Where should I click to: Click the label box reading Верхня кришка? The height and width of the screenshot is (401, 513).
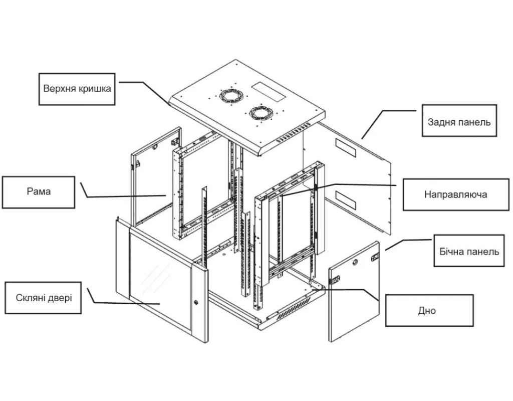[77, 89]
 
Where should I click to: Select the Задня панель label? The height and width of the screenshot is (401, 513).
[459, 121]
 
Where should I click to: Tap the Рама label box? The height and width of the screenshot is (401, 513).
[39, 191]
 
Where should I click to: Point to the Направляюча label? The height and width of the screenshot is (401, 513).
[455, 194]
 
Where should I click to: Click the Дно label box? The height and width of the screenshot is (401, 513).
[429, 311]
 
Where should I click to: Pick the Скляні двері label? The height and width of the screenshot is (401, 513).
[43, 298]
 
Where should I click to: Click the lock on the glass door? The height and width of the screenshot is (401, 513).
[196, 302]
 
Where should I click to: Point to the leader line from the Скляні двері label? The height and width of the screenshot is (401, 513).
[125, 302]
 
